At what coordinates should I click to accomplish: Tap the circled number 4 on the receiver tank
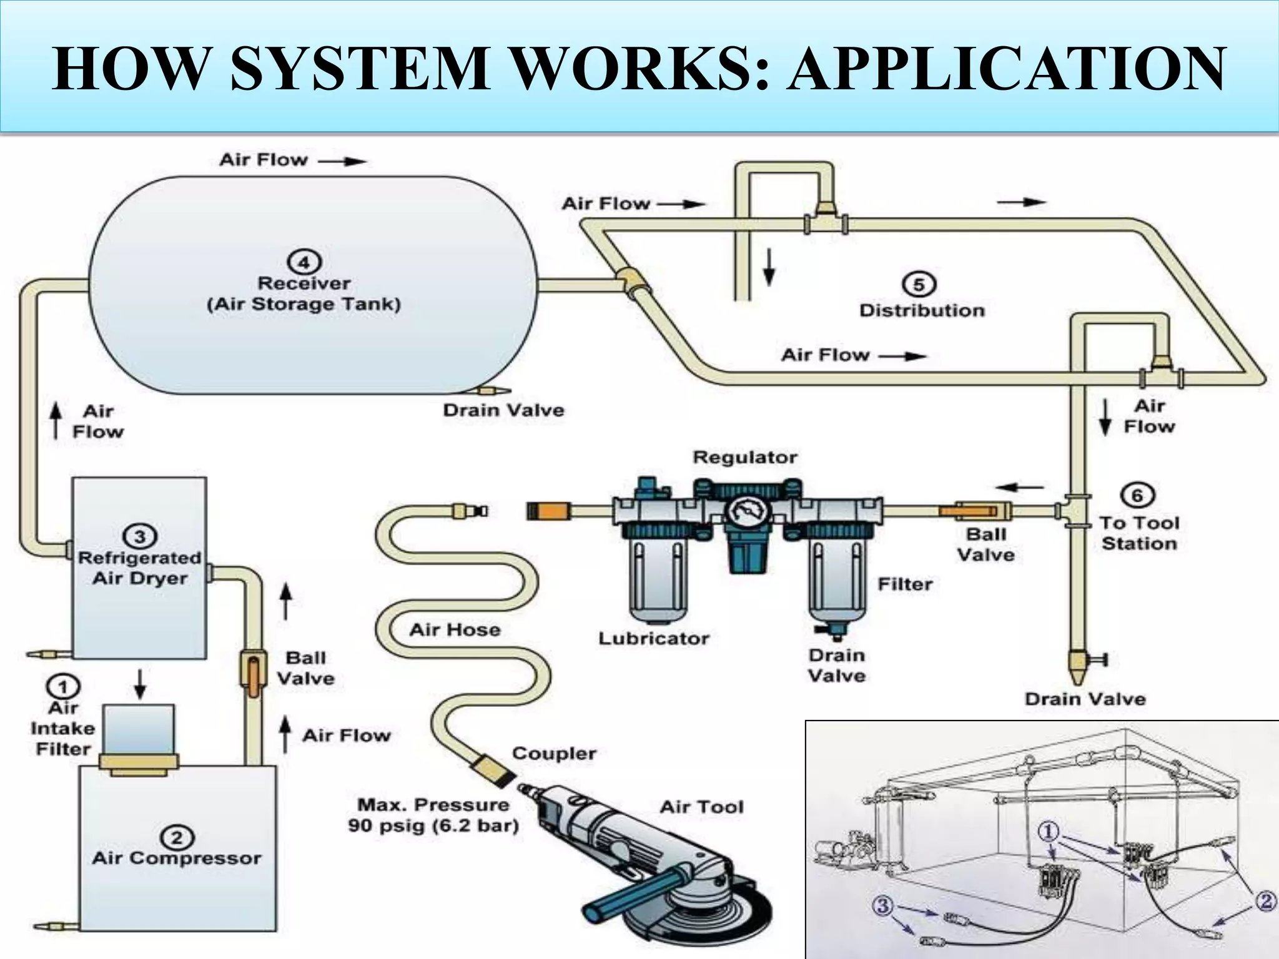[304, 262]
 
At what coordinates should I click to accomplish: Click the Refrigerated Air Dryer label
[140, 568]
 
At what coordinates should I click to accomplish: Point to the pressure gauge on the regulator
[747, 512]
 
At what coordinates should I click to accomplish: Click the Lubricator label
[654, 638]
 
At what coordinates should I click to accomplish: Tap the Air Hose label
[455, 629]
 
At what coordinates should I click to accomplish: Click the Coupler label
[553, 754]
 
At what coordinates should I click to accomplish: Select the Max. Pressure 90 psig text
[433, 815]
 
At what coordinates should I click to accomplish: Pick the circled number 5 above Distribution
[919, 285]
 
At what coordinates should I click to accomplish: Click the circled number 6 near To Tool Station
[1137, 496]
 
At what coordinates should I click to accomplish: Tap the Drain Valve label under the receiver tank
[503, 410]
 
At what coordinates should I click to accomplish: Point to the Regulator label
[745, 457]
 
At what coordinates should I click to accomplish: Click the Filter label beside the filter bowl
[904, 584]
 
